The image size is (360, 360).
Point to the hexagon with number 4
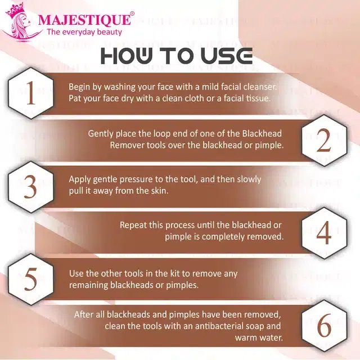tap(324, 232)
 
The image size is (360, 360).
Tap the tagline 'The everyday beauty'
tap(84, 33)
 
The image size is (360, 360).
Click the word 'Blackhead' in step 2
tap(262, 133)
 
